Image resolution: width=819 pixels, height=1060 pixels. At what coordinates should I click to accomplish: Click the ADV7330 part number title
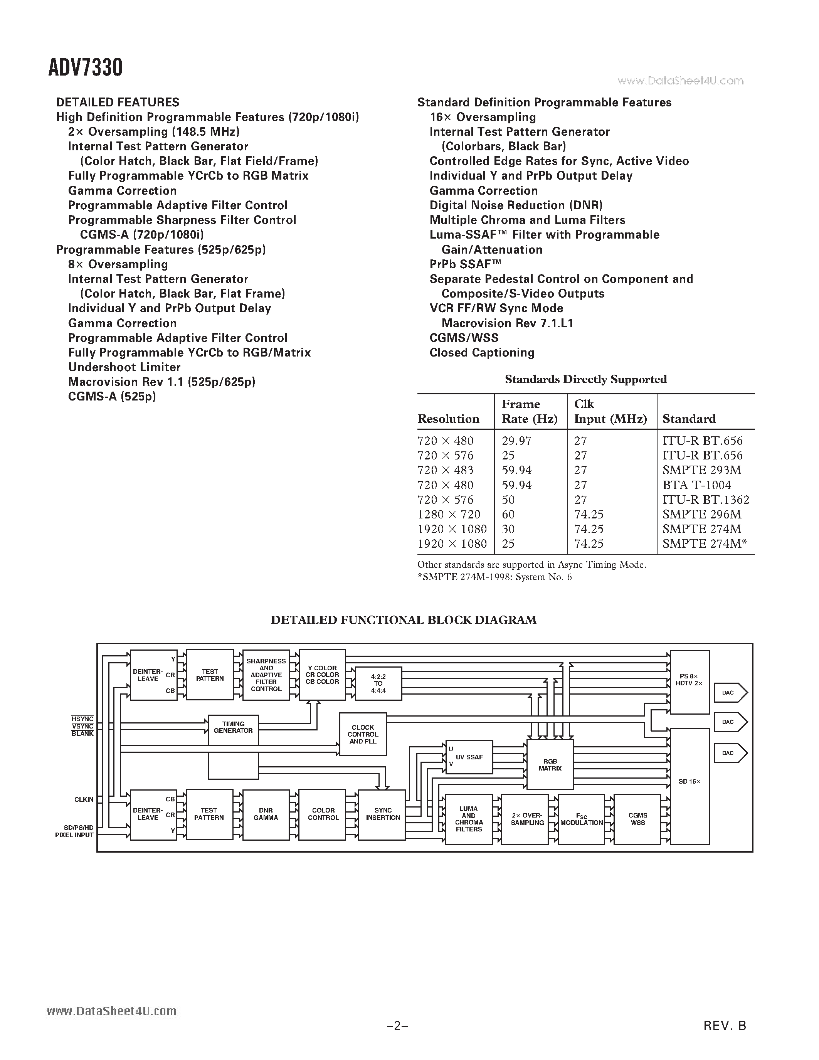click(86, 67)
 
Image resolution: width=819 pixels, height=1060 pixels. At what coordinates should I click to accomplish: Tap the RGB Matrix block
click(550, 764)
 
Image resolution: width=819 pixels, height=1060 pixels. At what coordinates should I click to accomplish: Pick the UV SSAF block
click(469, 757)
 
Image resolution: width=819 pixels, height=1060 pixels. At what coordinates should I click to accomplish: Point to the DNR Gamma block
click(266, 814)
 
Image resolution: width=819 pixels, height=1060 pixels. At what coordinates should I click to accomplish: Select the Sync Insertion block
click(383, 814)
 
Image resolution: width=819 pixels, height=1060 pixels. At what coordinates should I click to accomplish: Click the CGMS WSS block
click(637, 819)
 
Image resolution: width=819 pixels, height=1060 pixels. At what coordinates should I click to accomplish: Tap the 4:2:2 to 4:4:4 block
click(378, 683)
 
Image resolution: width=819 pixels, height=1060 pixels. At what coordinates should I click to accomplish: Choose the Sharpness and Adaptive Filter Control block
click(266, 675)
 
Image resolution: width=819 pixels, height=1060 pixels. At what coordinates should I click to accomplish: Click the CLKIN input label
click(84, 799)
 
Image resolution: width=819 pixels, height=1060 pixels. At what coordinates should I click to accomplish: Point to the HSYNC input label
click(82, 719)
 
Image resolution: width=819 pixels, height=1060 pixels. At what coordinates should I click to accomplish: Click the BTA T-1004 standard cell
click(697, 485)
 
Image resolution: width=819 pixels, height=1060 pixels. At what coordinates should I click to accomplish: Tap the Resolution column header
click(448, 419)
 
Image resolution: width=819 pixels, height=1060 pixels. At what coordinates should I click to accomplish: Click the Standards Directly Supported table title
click(585, 379)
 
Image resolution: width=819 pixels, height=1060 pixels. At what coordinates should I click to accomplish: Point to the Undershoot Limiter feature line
click(124, 367)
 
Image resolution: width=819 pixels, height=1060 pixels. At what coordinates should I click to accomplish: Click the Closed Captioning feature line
click(482, 353)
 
